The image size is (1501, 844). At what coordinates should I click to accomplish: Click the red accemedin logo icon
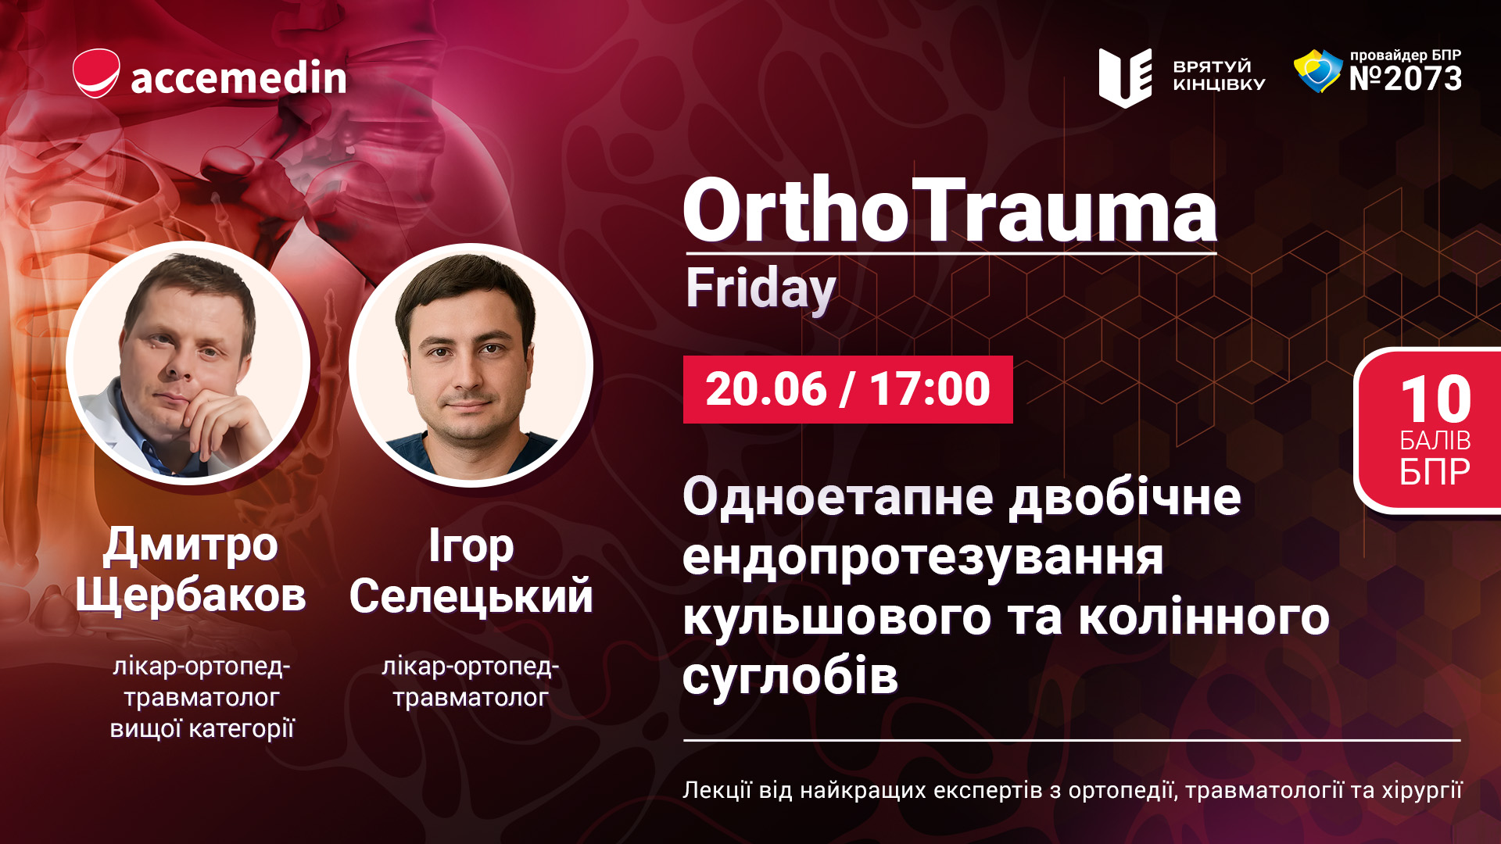click(x=96, y=73)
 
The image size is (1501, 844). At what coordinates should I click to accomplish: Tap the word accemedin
click(x=238, y=77)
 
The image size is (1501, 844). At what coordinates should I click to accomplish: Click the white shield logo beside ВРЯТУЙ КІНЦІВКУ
click(x=1125, y=77)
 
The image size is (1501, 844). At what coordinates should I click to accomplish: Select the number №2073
click(x=1406, y=78)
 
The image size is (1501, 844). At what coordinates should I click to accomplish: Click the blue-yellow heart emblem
click(x=1317, y=71)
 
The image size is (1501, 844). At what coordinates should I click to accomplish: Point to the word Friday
click(x=761, y=289)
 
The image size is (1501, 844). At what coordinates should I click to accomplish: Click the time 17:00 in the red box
click(x=930, y=389)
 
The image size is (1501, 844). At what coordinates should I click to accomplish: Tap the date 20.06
click(x=766, y=389)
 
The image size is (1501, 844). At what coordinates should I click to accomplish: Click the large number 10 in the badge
click(x=1435, y=399)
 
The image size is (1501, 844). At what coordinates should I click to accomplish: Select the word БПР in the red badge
click(x=1435, y=471)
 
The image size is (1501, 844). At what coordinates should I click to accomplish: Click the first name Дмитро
click(x=191, y=545)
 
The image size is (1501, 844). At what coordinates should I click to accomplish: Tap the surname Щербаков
click(x=191, y=596)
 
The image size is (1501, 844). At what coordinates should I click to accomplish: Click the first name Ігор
click(x=471, y=546)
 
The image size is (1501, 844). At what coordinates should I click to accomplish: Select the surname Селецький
click(x=471, y=596)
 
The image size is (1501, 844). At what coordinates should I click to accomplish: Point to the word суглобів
click(x=790, y=676)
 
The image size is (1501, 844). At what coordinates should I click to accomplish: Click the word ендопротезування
click(x=923, y=558)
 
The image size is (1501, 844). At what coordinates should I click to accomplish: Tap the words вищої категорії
click(x=202, y=728)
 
